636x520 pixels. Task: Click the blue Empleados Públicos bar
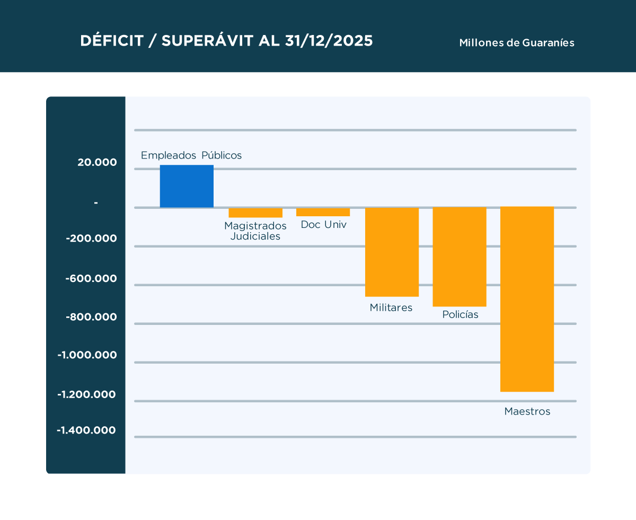click(x=187, y=186)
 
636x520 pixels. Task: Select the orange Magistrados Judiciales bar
click(x=255, y=213)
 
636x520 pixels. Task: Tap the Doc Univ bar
click(x=323, y=212)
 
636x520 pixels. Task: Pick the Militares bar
click(x=392, y=252)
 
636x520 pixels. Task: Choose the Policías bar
click(x=460, y=257)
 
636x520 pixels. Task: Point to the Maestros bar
click(x=527, y=299)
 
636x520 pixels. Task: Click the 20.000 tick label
click(x=97, y=163)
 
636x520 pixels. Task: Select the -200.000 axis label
click(x=91, y=239)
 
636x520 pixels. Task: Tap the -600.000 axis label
click(x=91, y=278)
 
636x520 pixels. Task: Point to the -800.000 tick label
click(x=91, y=317)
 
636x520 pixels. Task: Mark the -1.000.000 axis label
click(x=87, y=355)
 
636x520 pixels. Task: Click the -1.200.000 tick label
click(x=87, y=394)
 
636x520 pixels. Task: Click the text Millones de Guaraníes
click(x=517, y=43)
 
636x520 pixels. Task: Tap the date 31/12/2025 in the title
click(x=329, y=41)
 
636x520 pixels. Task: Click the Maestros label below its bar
click(x=527, y=411)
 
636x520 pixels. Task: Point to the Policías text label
click(x=460, y=315)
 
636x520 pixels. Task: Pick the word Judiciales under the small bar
click(x=255, y=236)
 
